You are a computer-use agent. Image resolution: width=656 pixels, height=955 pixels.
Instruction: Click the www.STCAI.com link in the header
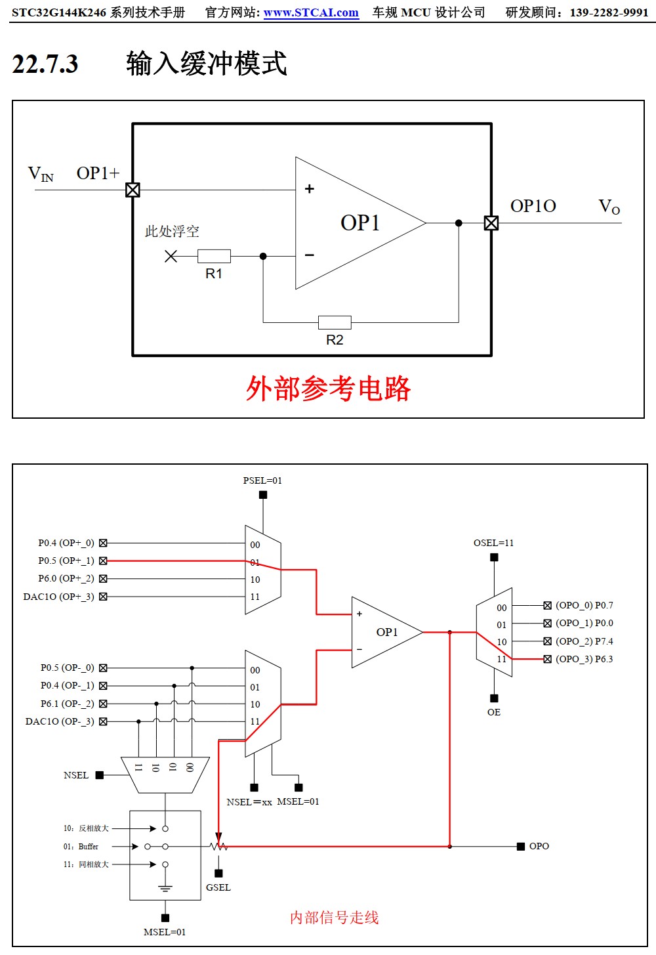(x=311, y=12)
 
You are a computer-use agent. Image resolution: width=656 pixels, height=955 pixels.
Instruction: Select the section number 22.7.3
(x=45, y=64)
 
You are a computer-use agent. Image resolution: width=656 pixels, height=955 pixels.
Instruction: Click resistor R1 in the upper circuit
(x=214, y=256)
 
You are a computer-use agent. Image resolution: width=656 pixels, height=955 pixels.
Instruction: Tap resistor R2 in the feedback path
(x=335, y=322)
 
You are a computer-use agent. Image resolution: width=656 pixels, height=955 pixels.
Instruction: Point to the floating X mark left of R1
(x=171, y=256)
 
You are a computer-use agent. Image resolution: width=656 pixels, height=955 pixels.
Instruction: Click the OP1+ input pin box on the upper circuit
(x=133, y=190)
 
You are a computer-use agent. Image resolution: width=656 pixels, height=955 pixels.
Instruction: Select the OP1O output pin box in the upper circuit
(x=491, y=223)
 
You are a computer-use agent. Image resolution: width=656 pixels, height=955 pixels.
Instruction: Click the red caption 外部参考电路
(x=328, y=389)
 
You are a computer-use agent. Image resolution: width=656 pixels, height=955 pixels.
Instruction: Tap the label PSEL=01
(x=262, y=480)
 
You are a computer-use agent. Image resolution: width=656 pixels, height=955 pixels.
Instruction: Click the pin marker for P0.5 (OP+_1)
(x=103, y=561)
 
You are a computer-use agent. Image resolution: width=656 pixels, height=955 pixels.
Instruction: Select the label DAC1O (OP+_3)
(x=59, y=597)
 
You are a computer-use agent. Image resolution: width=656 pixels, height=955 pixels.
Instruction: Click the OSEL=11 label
(x=493, y=543)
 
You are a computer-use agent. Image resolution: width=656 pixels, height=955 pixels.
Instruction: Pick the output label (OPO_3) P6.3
(x=584, y=659)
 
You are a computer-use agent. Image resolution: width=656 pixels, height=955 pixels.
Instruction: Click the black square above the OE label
(x=494, y=698)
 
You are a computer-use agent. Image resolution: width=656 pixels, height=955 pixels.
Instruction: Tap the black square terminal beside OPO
(x=520, y=847)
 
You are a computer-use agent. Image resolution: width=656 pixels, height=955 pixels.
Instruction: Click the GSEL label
(x=218, y=887)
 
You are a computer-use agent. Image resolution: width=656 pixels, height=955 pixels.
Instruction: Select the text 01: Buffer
(x=81, y=847)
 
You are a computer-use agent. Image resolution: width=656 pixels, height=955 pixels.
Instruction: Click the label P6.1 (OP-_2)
(x=67, y=704)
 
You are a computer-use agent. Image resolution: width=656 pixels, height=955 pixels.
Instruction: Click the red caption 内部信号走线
(x=334, y=918)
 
